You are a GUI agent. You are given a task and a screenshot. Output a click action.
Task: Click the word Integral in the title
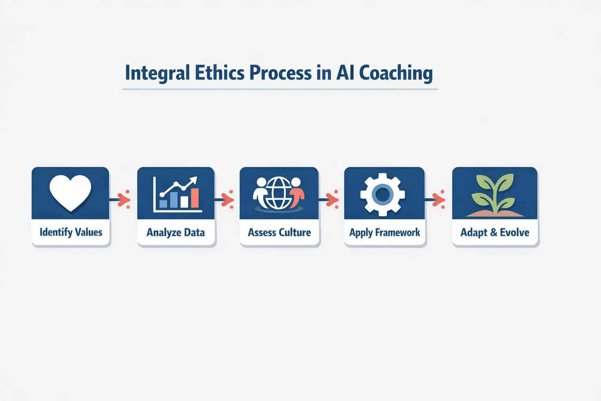pos(157,73)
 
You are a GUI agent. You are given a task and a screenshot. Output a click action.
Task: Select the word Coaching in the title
pos(396,73)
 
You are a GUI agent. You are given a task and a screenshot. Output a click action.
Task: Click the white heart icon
pos(70,192)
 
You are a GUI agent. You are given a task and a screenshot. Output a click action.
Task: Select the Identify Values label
pos(71,232)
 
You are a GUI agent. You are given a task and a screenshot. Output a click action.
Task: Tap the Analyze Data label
pos(176,233)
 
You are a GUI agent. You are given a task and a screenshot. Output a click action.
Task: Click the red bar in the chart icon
pos(194,198)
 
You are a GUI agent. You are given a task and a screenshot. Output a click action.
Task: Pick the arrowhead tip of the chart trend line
pos(194,180)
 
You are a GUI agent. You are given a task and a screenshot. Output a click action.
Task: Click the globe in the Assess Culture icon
pos(278,193)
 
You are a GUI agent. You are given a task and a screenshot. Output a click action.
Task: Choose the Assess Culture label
pos(279,233)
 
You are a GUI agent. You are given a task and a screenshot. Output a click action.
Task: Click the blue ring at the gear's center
pos(383,194)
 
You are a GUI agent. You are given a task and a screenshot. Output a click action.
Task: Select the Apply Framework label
pos(385,233)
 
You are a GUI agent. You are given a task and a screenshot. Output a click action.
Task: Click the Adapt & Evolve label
pos(495,233)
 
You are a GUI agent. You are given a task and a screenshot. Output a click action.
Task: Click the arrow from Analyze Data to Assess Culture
pos(226,200)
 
